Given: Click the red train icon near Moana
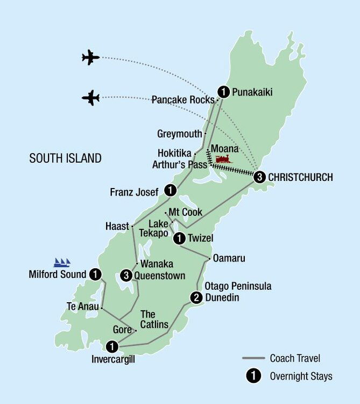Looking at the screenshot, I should coord(223,159).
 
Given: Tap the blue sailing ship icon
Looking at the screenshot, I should coord(62,262).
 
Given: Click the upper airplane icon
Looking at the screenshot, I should coord(91,57).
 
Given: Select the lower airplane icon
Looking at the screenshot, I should coord(91,97).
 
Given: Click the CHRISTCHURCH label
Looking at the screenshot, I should coord(300,177).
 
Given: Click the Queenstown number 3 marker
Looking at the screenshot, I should coord(127,275).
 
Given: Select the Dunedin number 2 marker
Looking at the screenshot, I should coord(196,297).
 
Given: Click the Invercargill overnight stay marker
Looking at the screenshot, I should coord(112,346).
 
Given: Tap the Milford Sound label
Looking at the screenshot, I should coord(58,275).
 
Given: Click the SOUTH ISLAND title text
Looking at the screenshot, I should coord(65,158).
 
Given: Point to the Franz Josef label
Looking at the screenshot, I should coord(135,191).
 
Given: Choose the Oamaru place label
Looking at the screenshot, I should coord(229,259).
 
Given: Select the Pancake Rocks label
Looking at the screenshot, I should coord(183,100).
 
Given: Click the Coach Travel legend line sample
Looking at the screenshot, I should coord(253,358).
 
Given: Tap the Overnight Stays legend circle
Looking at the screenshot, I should coord(251,377).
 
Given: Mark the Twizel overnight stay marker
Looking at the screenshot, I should coord(178,238).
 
